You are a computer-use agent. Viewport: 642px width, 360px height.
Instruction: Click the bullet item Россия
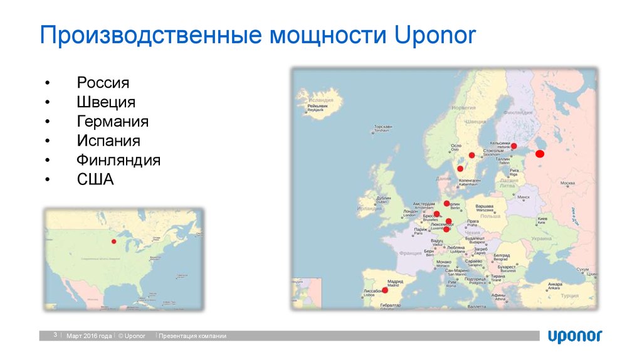click(103, 83)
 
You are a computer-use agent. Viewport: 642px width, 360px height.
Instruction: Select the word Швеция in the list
click(106, 102)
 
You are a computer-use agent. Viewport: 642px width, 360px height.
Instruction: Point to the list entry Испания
click(108, 140)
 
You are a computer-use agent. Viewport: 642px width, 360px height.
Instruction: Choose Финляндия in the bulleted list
click(118, 160)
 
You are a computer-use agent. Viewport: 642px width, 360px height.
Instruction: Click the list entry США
click(95, 179)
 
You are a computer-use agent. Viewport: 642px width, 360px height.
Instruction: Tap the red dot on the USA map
click(113, 241)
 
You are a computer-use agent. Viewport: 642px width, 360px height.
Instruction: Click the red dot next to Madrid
click(385, 290)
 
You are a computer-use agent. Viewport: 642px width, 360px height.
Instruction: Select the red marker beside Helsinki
click(513, 146)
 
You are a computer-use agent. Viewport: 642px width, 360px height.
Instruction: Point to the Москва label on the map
click(567, 183)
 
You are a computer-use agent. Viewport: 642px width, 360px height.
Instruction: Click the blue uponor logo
click(575, 336)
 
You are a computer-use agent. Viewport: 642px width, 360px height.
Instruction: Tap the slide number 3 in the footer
click(55, 336)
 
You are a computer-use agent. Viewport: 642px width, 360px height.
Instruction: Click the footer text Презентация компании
click(192, 336)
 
